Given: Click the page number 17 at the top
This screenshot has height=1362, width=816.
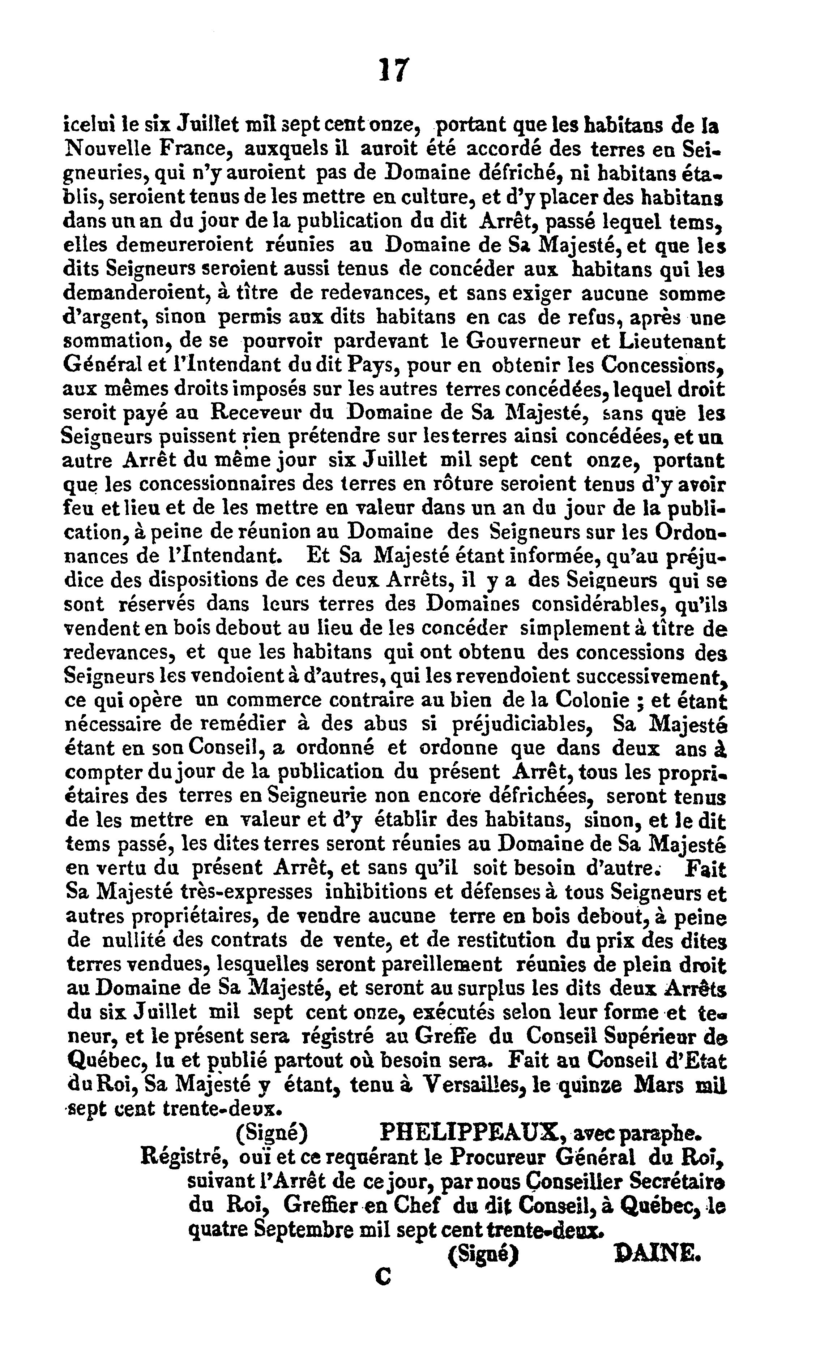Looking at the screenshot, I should tap(394, 70).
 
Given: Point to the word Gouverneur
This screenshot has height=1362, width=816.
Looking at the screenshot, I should tap(520, 341).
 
